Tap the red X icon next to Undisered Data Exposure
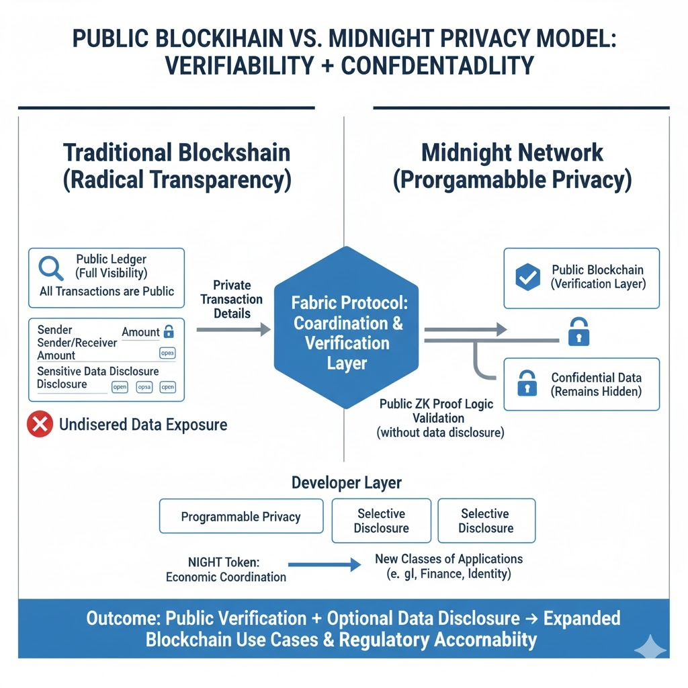(40, 424)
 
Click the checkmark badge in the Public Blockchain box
(527, 277)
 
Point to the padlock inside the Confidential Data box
(527, 384)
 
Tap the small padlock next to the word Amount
(169, 331)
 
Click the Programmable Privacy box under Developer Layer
(241, 517)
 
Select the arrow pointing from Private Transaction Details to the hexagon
(233, 329)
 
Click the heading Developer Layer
(347, 482)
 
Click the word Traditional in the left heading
(118, 153)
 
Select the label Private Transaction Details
(232, 299)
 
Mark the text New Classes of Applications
(449, 559)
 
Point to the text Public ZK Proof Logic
(436, 404)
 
